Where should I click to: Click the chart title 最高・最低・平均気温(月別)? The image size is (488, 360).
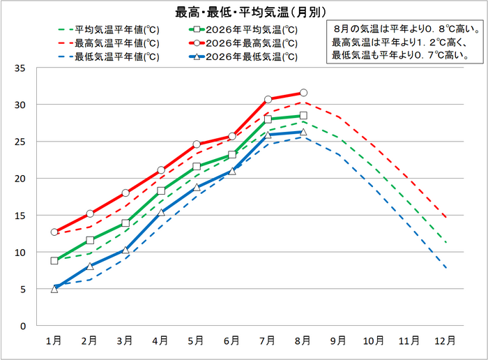250,13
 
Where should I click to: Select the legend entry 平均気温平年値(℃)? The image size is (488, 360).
109,30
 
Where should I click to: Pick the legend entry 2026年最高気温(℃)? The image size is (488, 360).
243,43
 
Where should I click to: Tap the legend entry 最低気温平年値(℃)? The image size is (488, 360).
109,57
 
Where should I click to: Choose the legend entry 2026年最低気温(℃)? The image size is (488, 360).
243,57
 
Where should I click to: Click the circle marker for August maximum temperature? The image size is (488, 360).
303,93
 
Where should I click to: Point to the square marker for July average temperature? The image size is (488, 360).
268,119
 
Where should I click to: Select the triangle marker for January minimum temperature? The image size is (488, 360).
54,290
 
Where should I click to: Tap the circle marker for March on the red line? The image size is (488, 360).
125,193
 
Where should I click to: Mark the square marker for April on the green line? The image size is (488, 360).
161,191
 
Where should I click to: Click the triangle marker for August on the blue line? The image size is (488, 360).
303,132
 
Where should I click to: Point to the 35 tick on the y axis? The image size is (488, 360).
20,68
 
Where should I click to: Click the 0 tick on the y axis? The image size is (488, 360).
23,327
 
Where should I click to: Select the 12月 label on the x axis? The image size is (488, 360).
445,340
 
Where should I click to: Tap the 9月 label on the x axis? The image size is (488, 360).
338,340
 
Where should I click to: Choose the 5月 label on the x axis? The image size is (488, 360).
196,340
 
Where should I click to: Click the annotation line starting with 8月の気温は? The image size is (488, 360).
406,29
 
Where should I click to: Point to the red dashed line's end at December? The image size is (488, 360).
447,218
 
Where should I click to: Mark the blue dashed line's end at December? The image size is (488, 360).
447,268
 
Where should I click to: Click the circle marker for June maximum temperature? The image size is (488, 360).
232,137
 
